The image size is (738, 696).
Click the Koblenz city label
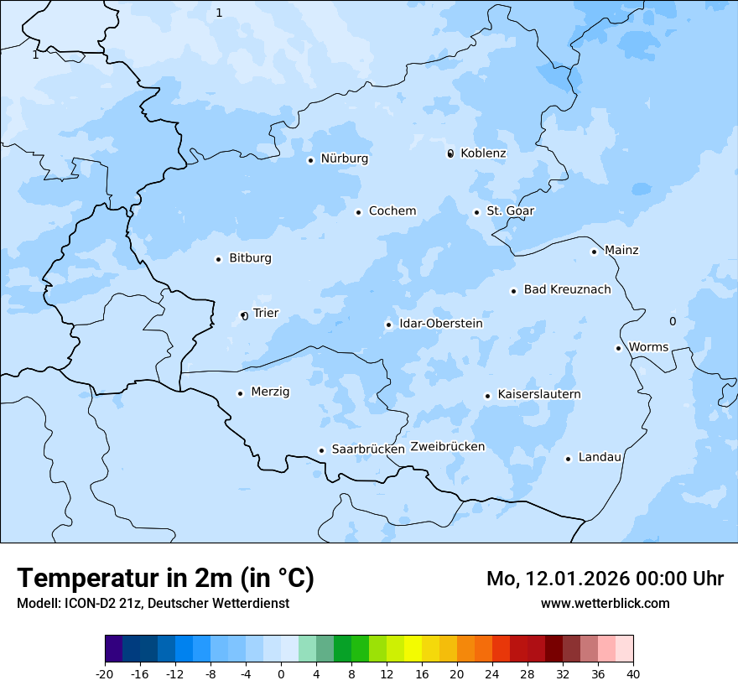(x=483, y=153)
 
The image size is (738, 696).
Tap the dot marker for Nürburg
(x=310, y=160)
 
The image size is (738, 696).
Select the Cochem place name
(x=392, y=211)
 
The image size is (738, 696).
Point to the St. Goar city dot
(x=476, y=212)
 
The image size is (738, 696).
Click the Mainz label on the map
(x=621, y=251)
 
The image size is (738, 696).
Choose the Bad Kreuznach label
(x=567, y=290)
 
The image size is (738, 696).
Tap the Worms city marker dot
(x=618, y=348)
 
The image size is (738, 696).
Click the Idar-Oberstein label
(x=440, y=324)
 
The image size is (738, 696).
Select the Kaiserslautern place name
(x=538, y=394)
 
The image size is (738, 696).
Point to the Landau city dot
(x=568, y=459)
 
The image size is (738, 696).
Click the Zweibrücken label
(x=447, y=447)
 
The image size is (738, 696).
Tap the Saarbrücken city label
(x=367, y=449)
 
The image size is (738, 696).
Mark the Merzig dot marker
(x=240, y=393)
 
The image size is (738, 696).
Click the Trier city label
(x=265, y=314)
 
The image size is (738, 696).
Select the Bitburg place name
(x=250, y=258)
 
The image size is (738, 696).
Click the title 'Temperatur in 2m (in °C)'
(x=165, y=578)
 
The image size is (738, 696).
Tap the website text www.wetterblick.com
(x=605, y=603)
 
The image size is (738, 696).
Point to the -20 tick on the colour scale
(x=105, y=673)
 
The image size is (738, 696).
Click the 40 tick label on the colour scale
(x=633, y=673)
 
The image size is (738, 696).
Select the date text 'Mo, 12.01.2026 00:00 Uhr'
(x=605, y=579)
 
